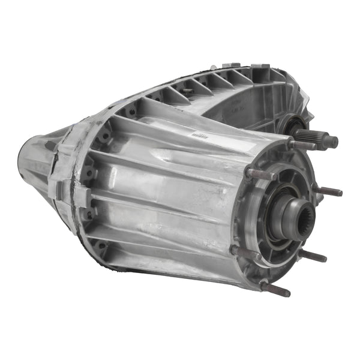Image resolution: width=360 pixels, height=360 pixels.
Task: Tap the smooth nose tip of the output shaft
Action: (331, 142)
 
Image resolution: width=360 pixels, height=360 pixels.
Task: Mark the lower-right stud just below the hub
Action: (313, 256)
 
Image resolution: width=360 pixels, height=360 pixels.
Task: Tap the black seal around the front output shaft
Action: (296, 127)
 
